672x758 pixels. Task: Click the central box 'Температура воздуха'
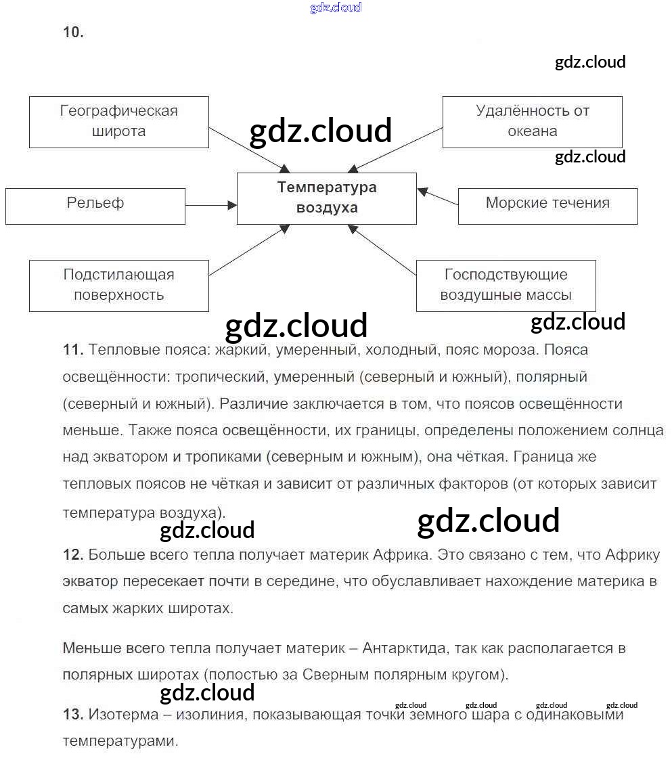[326, 198]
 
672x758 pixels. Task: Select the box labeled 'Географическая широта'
[118, 122]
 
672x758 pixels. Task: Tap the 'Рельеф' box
[95, 206]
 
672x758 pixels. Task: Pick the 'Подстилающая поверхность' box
[118, 286]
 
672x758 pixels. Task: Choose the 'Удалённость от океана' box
[532, 122]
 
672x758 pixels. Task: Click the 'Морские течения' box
[547, 206]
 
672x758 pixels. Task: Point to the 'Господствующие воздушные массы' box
[506, 286]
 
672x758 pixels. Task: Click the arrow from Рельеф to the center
[210, 205]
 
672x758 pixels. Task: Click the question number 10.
[73, 32]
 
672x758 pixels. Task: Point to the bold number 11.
[72, 351]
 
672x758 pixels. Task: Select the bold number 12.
[72, 556]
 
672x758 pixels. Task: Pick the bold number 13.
[72, 714]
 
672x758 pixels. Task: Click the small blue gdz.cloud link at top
[336, 7]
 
